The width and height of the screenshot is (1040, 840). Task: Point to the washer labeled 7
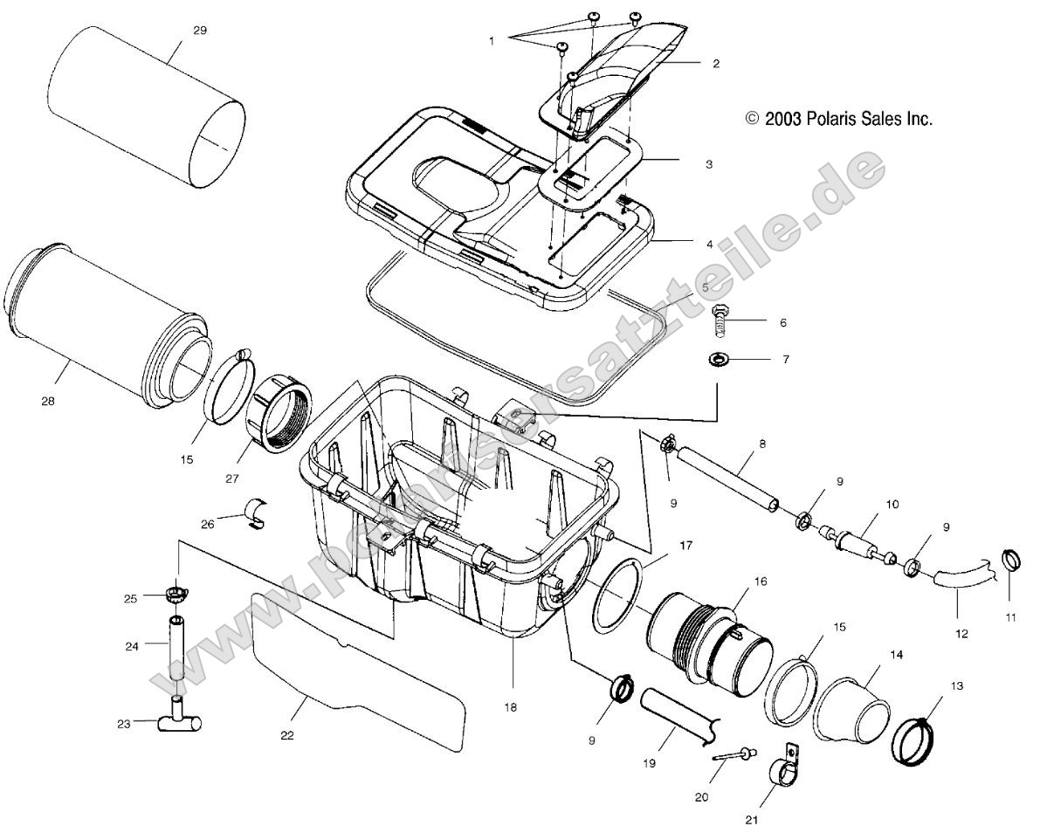pos(720,359)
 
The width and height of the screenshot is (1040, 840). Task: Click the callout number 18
pos(511,707)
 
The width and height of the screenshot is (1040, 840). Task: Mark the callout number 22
pos(287,735)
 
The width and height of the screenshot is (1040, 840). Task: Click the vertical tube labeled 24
pos(177,648)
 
